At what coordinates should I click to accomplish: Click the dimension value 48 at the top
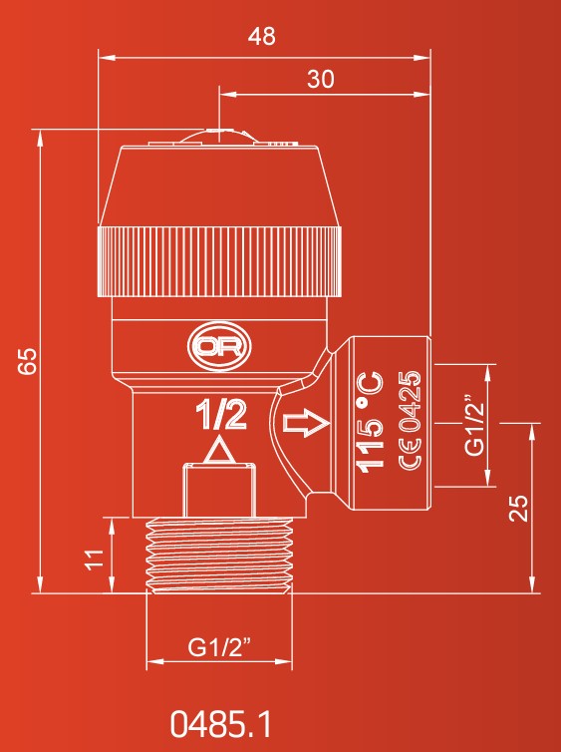coord(262,37)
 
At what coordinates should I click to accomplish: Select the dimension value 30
coord(321,79)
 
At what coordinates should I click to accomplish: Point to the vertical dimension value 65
coord(27,361)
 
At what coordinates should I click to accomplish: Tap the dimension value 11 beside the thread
coord(95,559)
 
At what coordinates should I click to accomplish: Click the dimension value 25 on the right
coord(518,508)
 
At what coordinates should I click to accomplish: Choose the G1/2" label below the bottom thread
coord(219,647)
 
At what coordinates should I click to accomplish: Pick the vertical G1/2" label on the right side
coord(474,426)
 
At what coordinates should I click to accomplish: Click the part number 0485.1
coord(220,724)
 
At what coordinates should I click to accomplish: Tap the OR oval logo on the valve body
coord(219,347)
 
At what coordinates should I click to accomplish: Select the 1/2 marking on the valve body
coord(221,415)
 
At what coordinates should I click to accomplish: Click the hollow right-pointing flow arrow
coord(307,423)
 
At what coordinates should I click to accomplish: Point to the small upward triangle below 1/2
coord(219,451)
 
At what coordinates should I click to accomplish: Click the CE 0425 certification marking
coord(410,420)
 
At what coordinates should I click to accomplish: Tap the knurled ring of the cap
coord(220,261)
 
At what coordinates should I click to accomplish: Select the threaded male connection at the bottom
coord(219,556)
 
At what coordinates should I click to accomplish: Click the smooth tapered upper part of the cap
coord(220,187)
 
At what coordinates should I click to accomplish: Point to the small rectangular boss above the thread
coord(219,490)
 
